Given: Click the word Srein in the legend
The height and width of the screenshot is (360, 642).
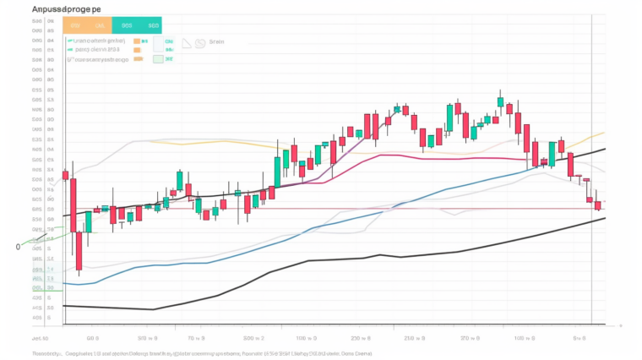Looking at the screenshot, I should (216, 41).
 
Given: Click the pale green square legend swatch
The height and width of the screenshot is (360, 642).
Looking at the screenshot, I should (158, 59).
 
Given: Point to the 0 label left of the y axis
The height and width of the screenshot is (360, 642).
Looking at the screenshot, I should (18, 247).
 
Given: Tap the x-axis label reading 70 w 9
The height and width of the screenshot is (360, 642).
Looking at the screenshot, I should (196, 337).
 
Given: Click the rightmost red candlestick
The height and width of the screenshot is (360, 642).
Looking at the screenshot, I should (597, 205).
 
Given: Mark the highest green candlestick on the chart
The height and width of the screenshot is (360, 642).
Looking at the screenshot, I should (500, 102).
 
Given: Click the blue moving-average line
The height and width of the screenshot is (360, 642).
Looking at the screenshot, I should (338, 218).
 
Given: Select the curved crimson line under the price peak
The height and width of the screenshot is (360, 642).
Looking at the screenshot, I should (422, 155).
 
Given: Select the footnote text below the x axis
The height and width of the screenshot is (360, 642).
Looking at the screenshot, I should (203, 353).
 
